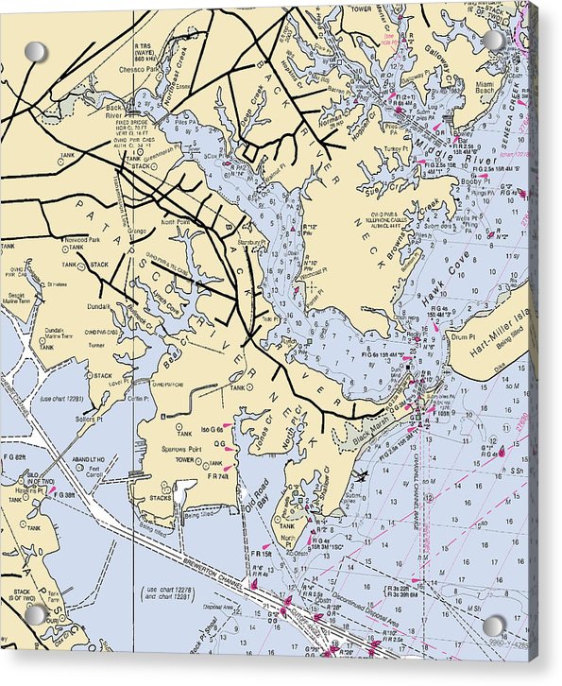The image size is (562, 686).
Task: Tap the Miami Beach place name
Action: [x=484, y=88]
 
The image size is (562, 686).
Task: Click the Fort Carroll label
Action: [x=92, y=471]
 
